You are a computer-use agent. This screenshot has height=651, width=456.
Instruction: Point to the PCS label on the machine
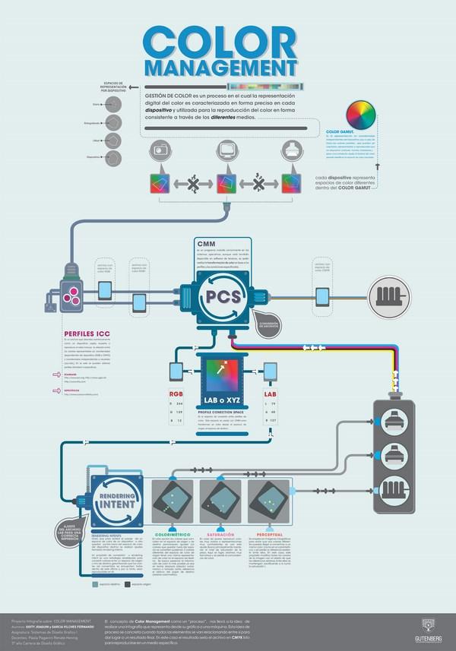point(226,295)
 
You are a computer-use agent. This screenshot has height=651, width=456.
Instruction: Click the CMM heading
point(204,245)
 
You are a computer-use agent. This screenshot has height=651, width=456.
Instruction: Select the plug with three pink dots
point(73,294)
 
